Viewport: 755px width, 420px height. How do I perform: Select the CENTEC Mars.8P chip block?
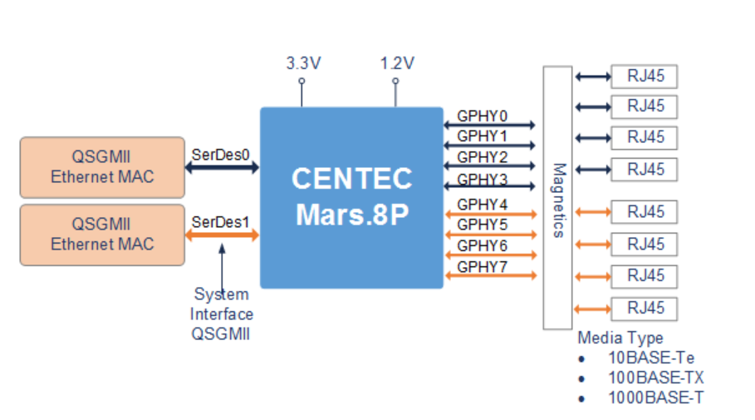point(351,197)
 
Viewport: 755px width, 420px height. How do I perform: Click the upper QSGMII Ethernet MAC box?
point(102,166)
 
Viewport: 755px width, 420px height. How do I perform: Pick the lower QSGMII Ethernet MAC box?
point(102,235)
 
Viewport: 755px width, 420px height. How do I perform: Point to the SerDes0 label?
point(220,154)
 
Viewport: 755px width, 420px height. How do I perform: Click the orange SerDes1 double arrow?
point(222,235)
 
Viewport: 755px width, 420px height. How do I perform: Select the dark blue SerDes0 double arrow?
point(222,167)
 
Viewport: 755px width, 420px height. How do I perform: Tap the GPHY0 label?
point(483,116)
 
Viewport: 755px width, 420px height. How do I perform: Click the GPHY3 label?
point(483,179)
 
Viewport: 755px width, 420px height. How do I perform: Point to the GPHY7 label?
point(483,267)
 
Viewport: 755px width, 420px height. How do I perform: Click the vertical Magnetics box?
point(557,198)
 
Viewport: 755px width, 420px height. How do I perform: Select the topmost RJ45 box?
point(645,77)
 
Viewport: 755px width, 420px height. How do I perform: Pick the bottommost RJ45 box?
point(645,308)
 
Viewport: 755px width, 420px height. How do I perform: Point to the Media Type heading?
point(620,338)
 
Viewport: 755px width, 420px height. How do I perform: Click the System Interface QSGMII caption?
point(222,314)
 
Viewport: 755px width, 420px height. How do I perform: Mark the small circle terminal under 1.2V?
point(395,81)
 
